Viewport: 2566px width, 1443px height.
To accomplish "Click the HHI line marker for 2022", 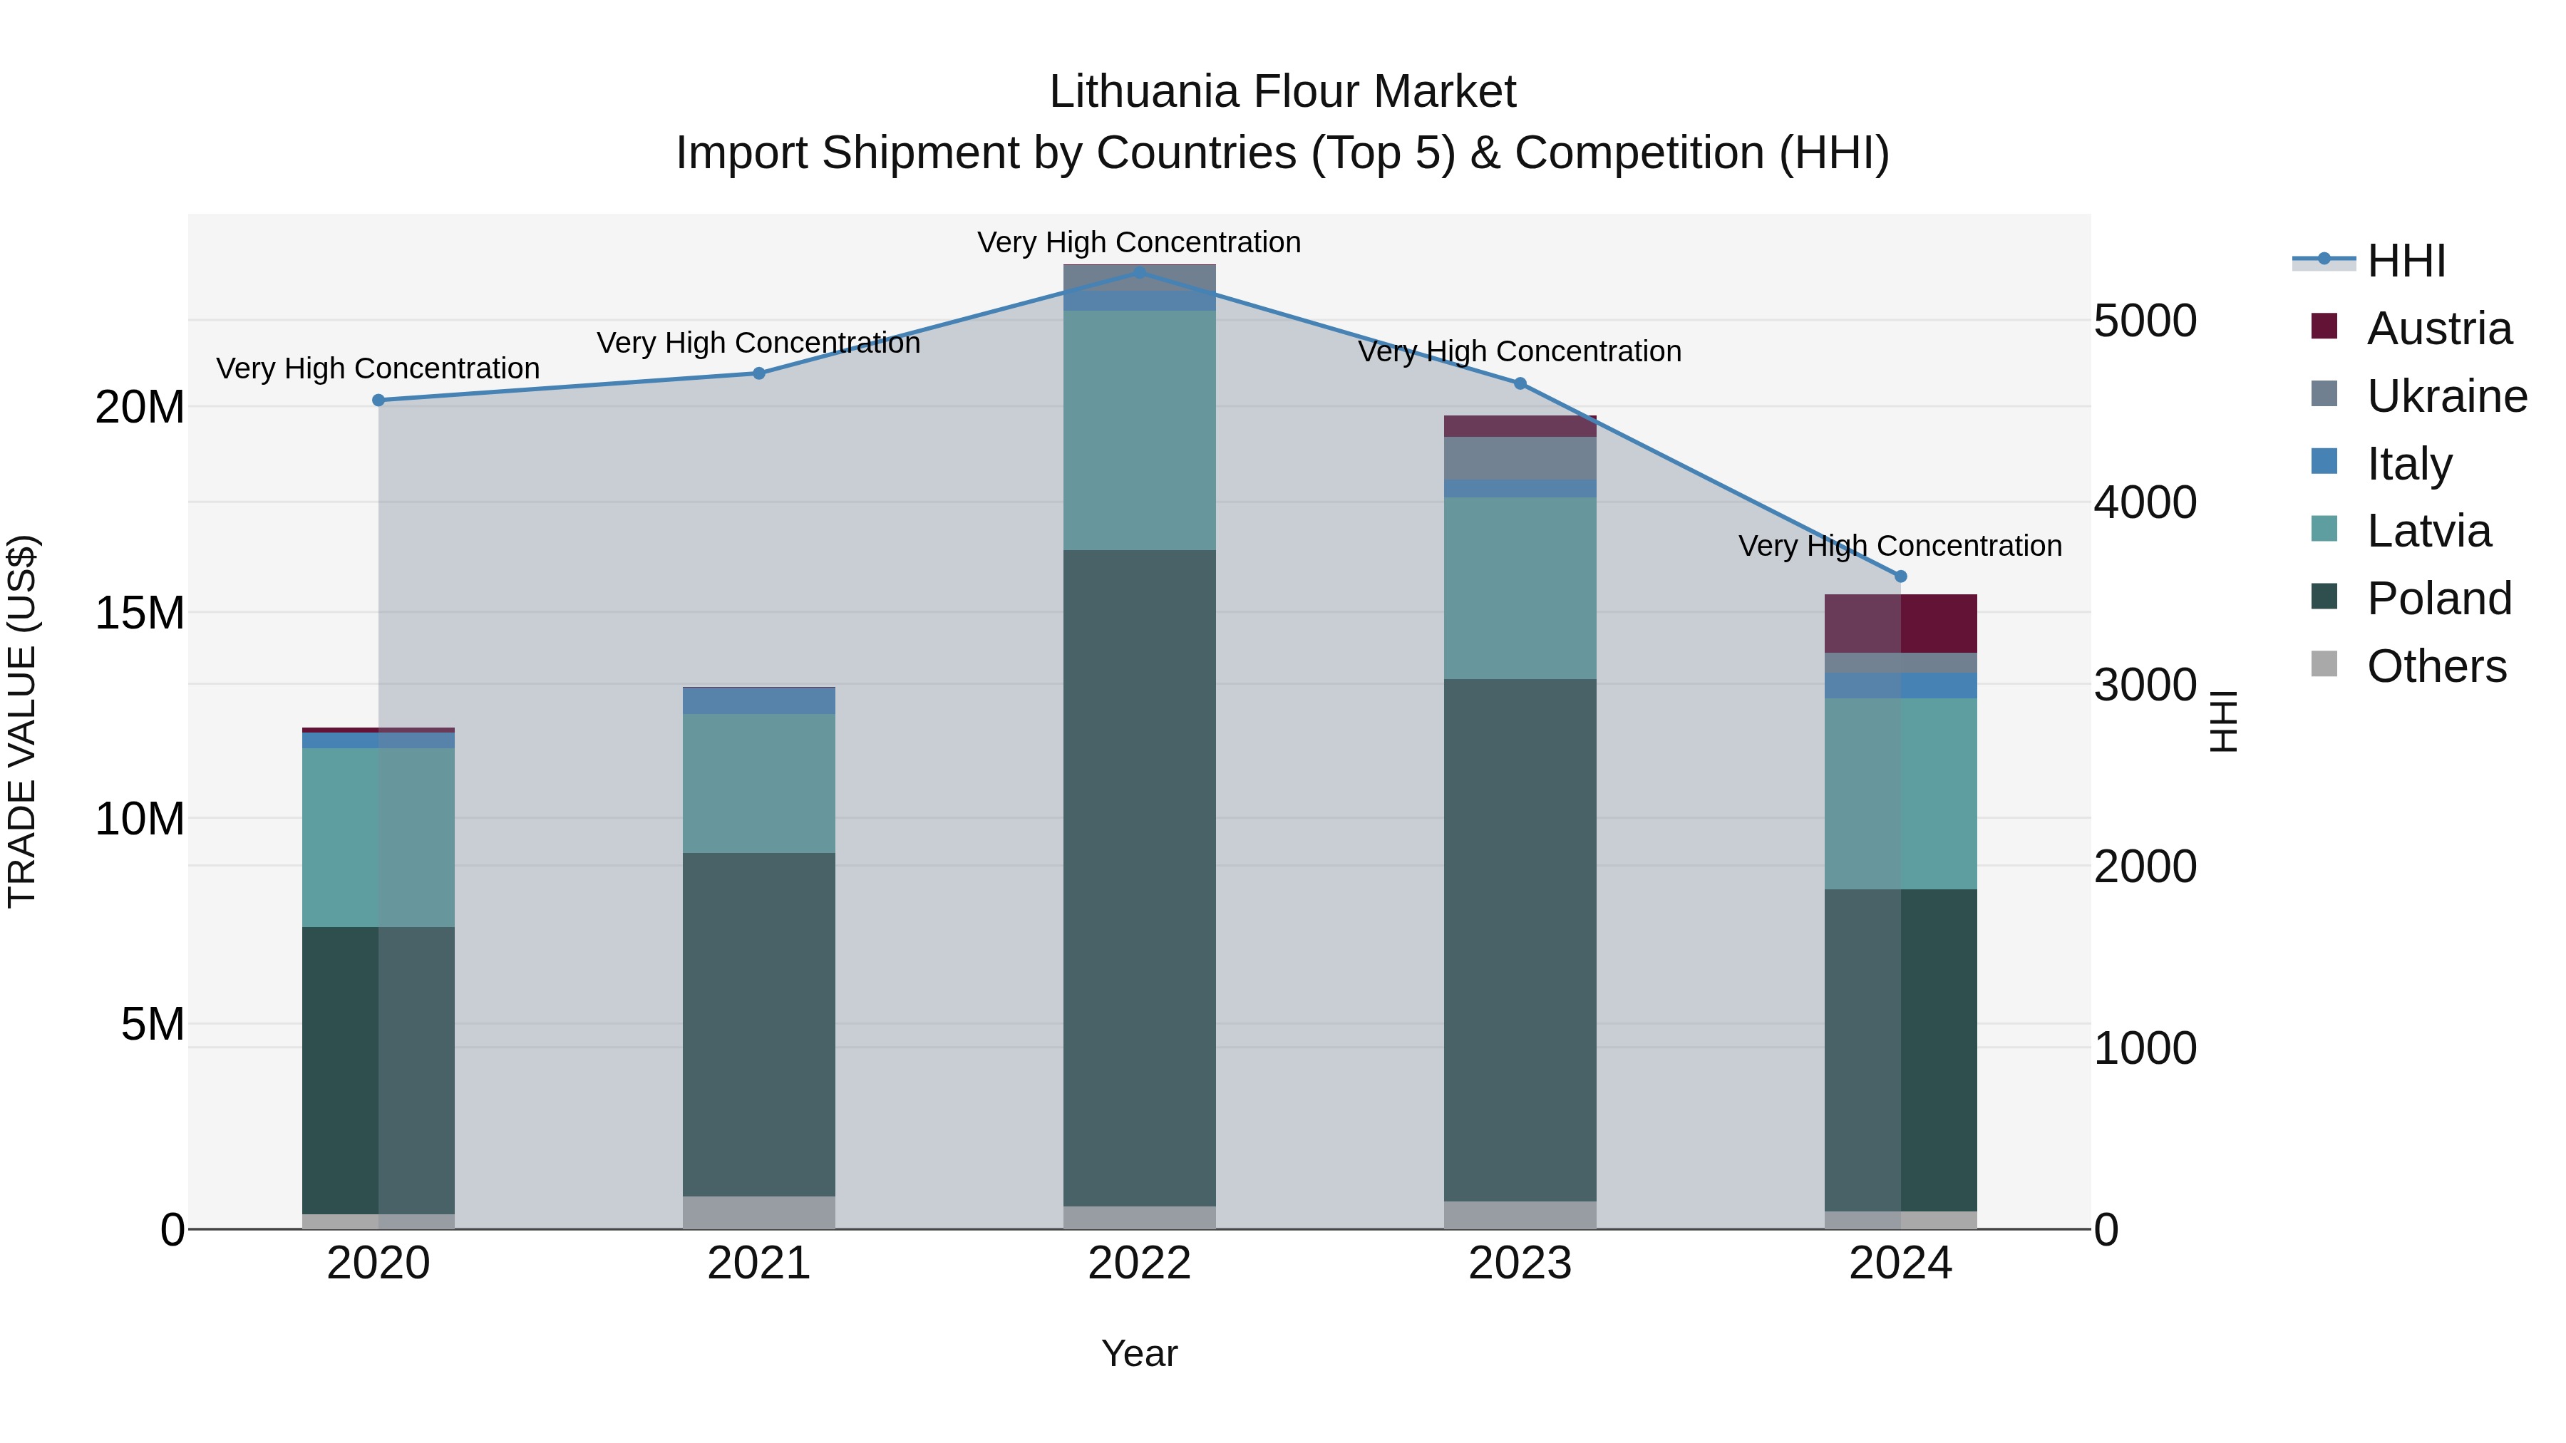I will pyautogui.click(x=1140, y=272).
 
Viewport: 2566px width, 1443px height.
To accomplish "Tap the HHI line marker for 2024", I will pyautogui.click(x=1900, y=576).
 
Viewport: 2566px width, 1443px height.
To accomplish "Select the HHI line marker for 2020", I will pyautogui.click(x=378, y=400).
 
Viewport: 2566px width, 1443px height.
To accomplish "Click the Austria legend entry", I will pyautogui.click(x=2438, y=329).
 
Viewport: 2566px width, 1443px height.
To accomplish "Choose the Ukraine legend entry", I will pyautogui.click(x=2446, y=396).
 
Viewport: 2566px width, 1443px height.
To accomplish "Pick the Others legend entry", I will pyautogui.click(x=2436, y=666).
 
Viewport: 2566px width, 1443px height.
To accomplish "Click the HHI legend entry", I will pyautogui.click(x=2406, y=261).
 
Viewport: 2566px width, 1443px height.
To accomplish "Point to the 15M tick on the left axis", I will pyautogui.click(x=140, y=612).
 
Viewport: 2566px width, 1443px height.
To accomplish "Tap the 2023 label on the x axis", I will pyautogui.click(x=1520, y=1263).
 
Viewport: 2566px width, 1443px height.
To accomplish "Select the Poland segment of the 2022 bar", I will pyautogui.click(x=1140, y=876).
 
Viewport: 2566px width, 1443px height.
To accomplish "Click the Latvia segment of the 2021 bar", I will pyautogui.click(x=759, y=782).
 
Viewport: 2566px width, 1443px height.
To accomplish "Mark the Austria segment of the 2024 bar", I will pyautogui.click(x=1900, y=624).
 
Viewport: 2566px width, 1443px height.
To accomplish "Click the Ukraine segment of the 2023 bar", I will pyautogui.click(x=1520, y=458).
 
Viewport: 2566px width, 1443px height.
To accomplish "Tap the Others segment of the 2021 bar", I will pyautogui.click(x=759, y=1212).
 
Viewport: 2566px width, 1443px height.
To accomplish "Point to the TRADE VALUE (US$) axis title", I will pyautogui.click(x=22, y=721).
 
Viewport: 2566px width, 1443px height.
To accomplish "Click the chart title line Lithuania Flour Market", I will pyautogui.click(x=1282, y=92).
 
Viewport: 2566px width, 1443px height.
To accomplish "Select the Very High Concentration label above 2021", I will pyautogui.click(x=758, y=343).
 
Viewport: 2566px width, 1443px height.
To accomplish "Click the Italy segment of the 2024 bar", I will pyautogui.click(x=1900, y=685).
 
